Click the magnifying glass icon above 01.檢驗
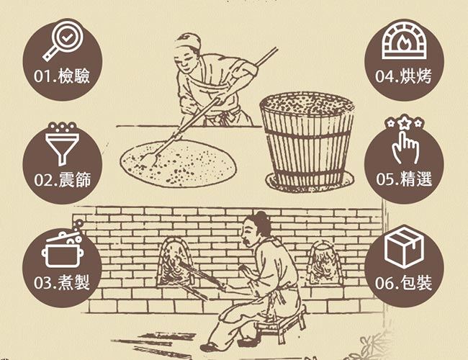[x=63, y=42]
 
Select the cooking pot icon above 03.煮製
[x=63, y=248]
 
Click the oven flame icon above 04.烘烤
[x=404, y=41]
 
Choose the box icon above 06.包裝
[x=404, y=246]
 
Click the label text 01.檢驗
[x=62, y=76]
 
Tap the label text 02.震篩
[x=62, y=179]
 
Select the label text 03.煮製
[x=62, y=282]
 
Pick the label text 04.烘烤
[x=403, y=76]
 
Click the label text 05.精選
[x=404, y=179]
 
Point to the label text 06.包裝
[x=403, y=282]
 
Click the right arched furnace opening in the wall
[x=324, y=262]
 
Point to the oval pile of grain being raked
[x=179, y=163]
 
